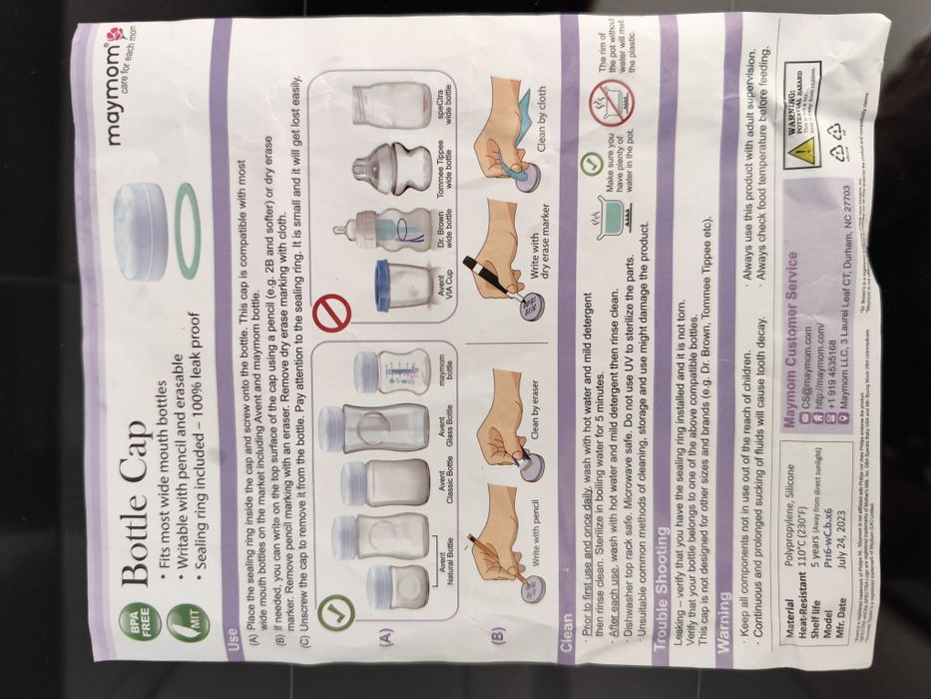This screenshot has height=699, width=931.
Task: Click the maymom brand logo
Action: coord(130,85)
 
